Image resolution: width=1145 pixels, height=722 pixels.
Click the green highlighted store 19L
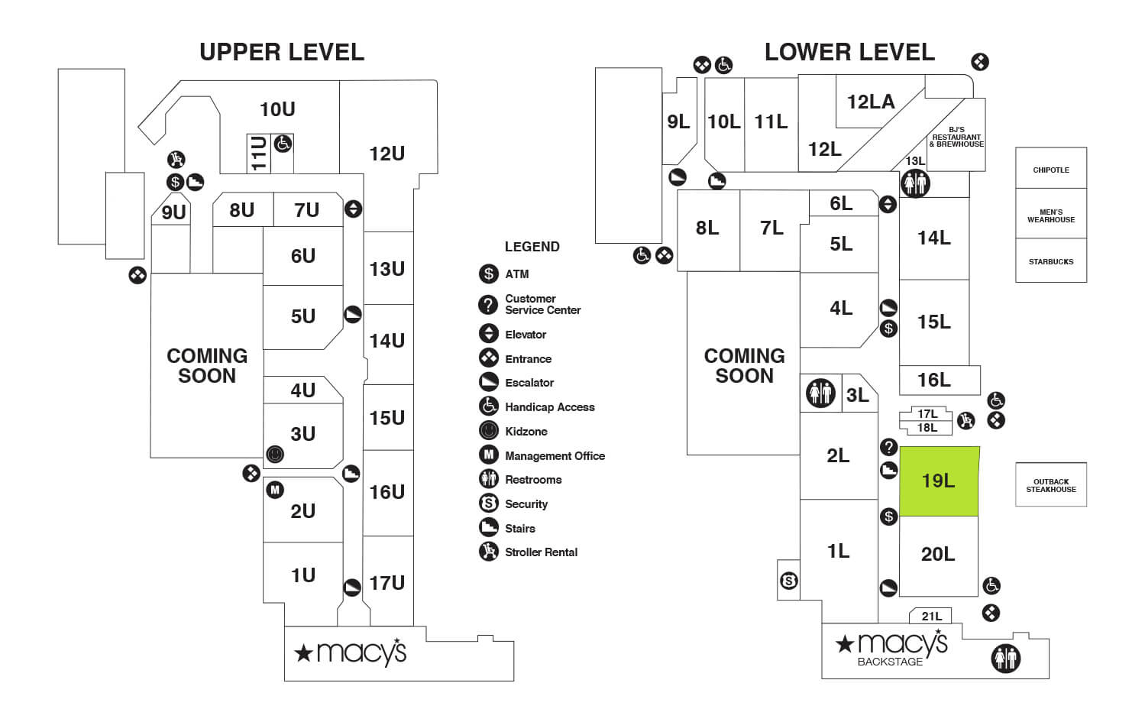click(939, 481)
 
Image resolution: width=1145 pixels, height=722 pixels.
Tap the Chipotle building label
click(1051, 170)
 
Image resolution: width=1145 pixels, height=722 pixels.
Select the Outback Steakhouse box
click(1051, 485)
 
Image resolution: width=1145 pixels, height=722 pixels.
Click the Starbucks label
click(1051, 261)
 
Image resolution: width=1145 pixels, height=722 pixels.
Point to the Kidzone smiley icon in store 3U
click(275, 455)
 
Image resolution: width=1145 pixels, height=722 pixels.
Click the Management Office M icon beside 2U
click(275, 490)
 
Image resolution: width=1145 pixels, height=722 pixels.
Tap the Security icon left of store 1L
click(789, 581)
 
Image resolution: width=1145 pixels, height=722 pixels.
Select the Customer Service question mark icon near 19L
click(888, 447)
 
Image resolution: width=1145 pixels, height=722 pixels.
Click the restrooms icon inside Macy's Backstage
click(1005, 658)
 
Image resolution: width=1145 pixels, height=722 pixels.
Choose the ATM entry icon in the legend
click(488, 274)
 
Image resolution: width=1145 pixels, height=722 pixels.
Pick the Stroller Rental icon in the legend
click(488, 552)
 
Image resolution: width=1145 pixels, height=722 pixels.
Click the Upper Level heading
click(282, 52)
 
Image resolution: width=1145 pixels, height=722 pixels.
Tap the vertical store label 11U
click(259, 154)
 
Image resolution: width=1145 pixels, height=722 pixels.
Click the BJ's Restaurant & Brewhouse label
click(956, 137)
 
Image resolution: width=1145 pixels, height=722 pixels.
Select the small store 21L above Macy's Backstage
click(931, 616)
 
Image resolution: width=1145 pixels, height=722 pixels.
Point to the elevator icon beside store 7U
click(353, 209)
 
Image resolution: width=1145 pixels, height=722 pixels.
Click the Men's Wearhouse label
click(1051, 216)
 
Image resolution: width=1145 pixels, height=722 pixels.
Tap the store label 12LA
click(871, 102)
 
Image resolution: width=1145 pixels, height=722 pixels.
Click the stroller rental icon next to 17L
click(965, 419)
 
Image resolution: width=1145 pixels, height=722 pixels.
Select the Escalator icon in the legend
click(488, 382)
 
